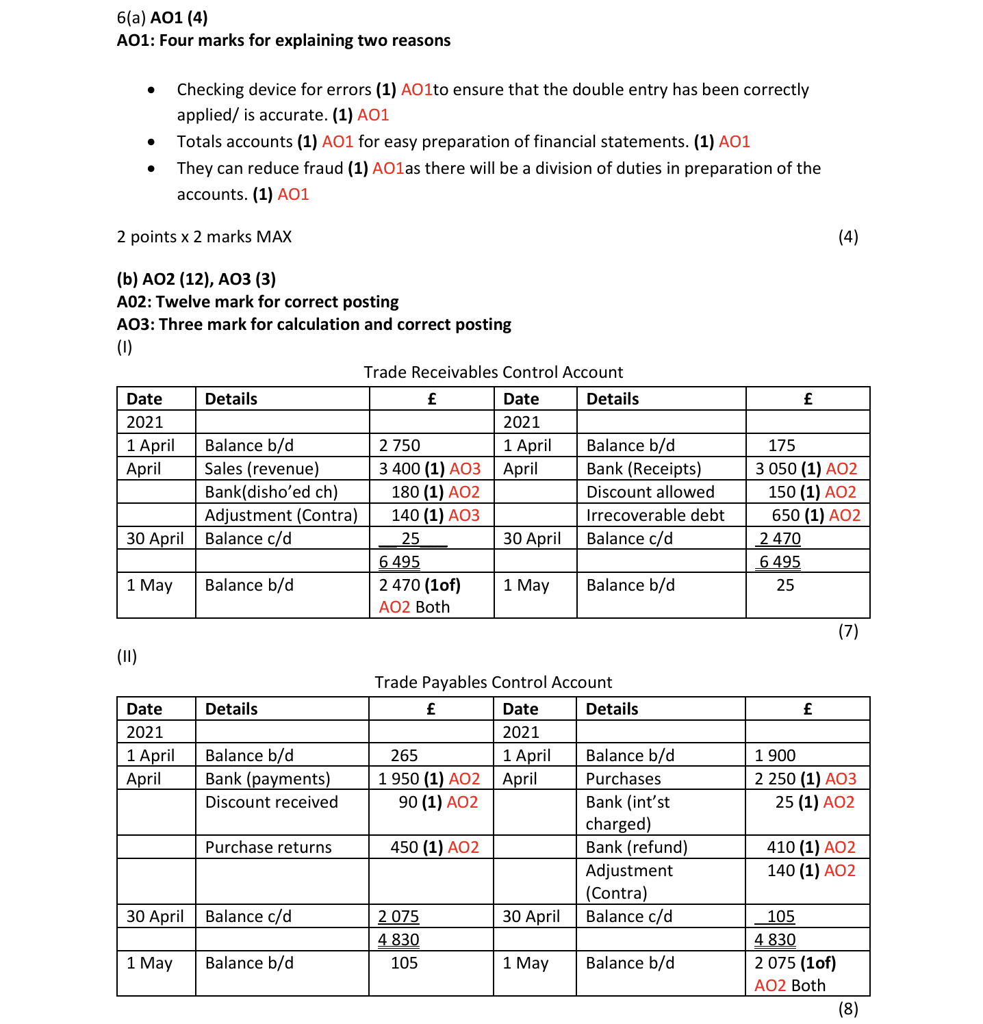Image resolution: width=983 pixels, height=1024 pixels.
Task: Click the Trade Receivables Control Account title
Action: pyautogui.click(x=493, y=372)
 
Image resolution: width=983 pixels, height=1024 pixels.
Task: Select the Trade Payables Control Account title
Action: pyautogui.click(x=493, y=682)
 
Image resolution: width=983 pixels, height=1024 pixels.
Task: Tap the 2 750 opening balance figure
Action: pyautogui.click(x=399, y=446)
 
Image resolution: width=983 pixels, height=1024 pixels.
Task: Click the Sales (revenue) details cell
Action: pyautogui.click(x=261, y=469)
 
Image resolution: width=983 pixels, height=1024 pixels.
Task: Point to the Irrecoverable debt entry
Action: pyautogui.click(x=654, y=515)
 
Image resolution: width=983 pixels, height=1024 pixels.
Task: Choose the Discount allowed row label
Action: pyautogui.click(x=650, y=492)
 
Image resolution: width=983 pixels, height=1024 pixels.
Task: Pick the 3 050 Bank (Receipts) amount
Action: pyautogui.click(x=776, y=469)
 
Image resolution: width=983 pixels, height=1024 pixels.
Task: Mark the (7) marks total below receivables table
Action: pyautogui.click(x=847, y=631)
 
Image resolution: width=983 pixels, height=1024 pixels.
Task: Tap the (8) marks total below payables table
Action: pyautogui.click(x=847, y=1009)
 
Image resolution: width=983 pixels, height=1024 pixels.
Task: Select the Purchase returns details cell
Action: pyautogui.click(x=268, y=847)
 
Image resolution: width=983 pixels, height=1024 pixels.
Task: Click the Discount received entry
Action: pyautogui.click(x=271, y=802)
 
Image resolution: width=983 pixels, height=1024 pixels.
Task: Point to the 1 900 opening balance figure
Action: pyautogui.click(x=775, y=756)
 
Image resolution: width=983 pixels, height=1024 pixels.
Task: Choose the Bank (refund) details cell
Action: pyautogui.click(x=636, y=847)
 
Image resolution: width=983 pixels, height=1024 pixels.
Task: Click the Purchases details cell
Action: pyautogui.click(x=623, y=779)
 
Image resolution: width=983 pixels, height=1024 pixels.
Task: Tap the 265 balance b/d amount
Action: pyautogui.click(x=404, y=756)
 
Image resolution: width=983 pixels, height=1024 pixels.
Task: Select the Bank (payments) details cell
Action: pyautogui.click(x=268, y=779)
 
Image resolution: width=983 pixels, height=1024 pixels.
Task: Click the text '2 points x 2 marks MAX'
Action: pyautogui.click(x=204, y=237)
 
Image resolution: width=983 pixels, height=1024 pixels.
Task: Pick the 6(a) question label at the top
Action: pyautogui.click(x=131, y=18)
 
